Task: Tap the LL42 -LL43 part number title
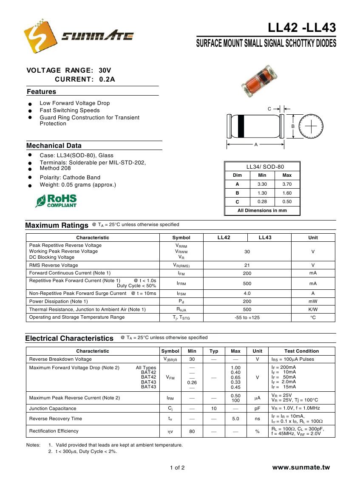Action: coord(302,28)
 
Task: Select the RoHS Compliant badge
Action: coord(56,201)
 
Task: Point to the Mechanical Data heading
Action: coord(54,146)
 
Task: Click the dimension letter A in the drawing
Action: coord(256,145)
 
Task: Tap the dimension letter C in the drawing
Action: coord(269,109)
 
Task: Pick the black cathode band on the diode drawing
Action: coord(241,126)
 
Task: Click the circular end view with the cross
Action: coord(311,126)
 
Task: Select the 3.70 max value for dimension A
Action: coord(287,184)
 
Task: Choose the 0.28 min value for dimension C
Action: coord(262,202)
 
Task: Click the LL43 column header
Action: coord(265,238)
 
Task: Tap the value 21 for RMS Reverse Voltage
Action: coord(247,265)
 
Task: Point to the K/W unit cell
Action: coord(313,309)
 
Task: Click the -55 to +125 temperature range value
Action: coord(247,317)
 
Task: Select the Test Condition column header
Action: coord(301,351)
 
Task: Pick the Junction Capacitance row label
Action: coord(53,408)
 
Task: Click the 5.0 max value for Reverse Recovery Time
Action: coord(235,419)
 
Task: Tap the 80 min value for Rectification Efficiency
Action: coord(192,431)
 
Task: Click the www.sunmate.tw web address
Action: coord(301,467)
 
